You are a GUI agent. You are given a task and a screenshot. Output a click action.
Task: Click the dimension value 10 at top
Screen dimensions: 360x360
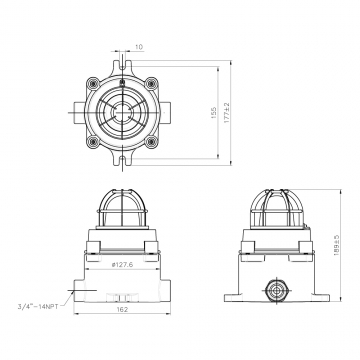(139, 47)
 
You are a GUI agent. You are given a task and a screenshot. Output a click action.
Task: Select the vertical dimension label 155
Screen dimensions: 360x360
(214, 113)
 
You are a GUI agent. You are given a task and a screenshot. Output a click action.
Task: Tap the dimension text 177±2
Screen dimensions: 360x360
(227, 113)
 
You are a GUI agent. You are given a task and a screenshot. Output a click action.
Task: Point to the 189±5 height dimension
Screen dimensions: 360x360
(337, 245)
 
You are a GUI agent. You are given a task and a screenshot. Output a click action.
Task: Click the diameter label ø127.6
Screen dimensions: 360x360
(122, 265)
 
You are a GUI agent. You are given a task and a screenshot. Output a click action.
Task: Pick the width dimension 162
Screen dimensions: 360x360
(122, 309)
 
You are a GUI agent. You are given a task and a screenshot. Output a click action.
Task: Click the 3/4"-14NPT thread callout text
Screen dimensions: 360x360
(38, 307)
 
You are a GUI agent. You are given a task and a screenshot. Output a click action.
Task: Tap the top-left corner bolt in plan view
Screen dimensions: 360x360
(93, 83)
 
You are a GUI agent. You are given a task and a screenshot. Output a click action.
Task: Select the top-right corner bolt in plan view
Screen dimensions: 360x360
(151, 83)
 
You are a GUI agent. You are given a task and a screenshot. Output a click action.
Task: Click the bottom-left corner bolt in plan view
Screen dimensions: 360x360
(93, 142)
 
